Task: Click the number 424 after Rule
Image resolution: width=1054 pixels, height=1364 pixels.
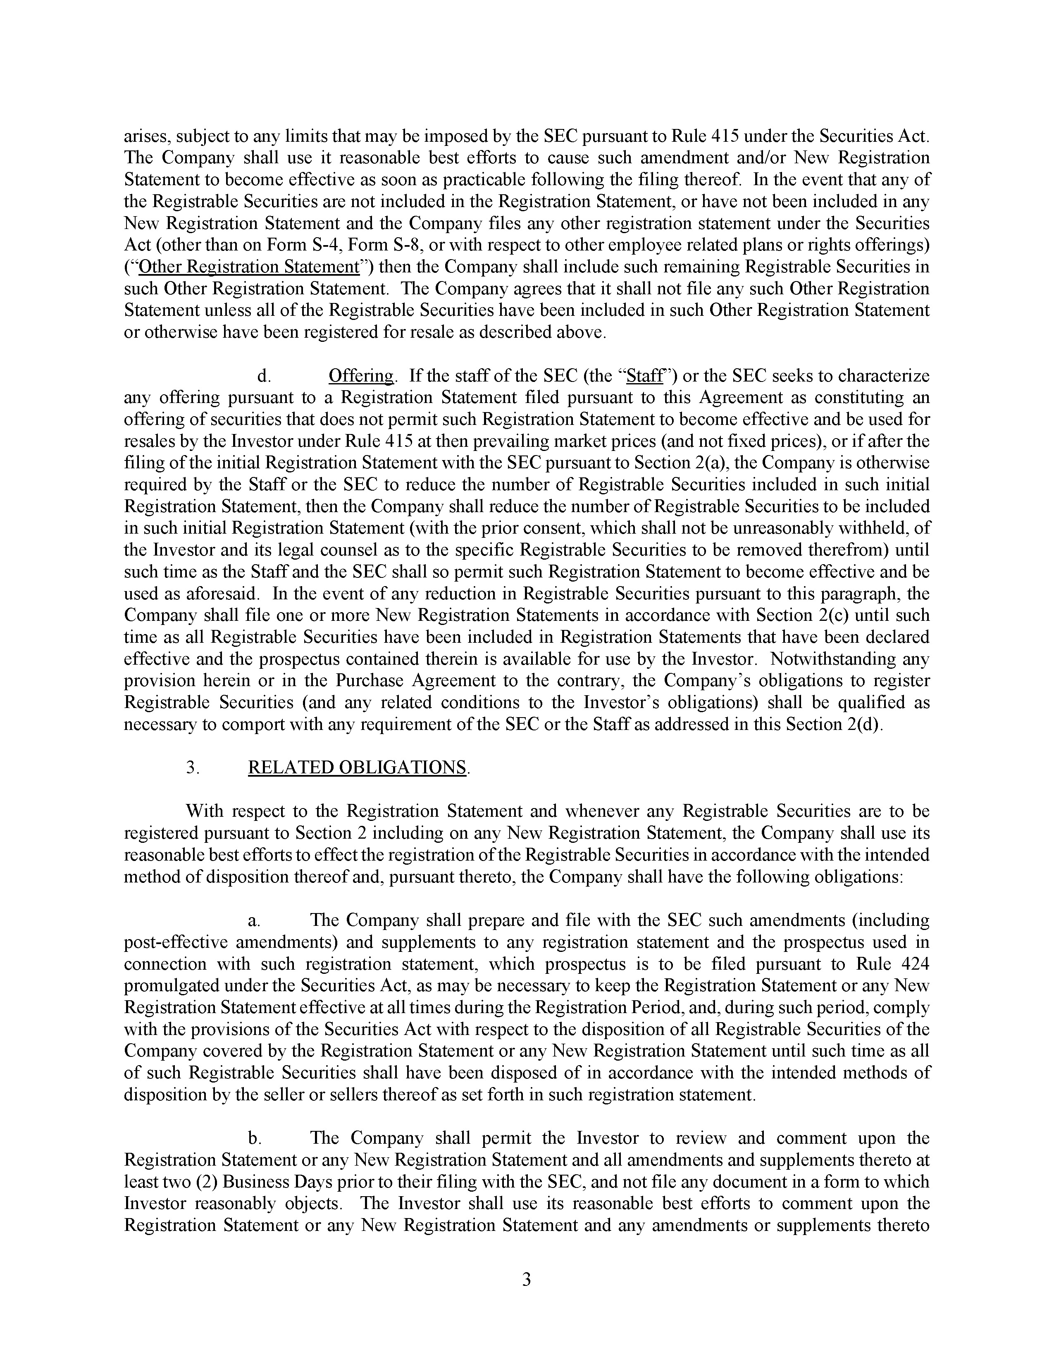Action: click(915, 963)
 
